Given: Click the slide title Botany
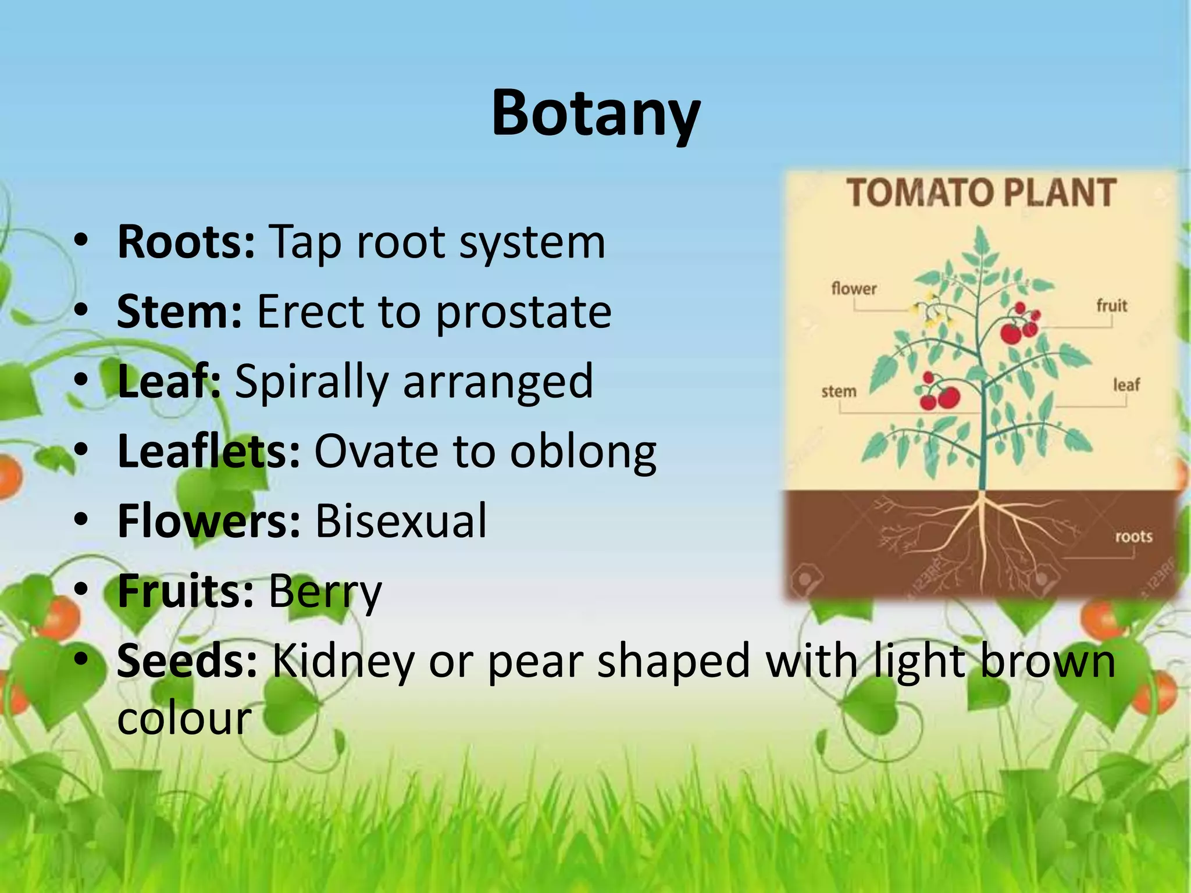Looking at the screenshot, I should (595, 113).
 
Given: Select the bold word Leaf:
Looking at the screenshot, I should (169, 381).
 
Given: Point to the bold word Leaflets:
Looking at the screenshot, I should (209, 451).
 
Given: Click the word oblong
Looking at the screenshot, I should (583, 452).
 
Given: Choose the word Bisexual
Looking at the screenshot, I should (401, 521).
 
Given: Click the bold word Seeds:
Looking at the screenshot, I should (187, 660).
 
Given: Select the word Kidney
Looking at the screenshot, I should (343, 662).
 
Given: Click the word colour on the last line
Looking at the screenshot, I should (184, 719).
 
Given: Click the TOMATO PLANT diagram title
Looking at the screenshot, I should (981, 194).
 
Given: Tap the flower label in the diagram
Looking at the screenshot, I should (854, 288).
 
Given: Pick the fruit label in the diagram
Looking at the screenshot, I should (1111, 305).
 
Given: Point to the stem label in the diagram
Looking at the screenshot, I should (839, 391).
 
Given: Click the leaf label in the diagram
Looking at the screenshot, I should (1126, 385).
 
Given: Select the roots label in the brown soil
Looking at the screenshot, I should (1133, 536).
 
